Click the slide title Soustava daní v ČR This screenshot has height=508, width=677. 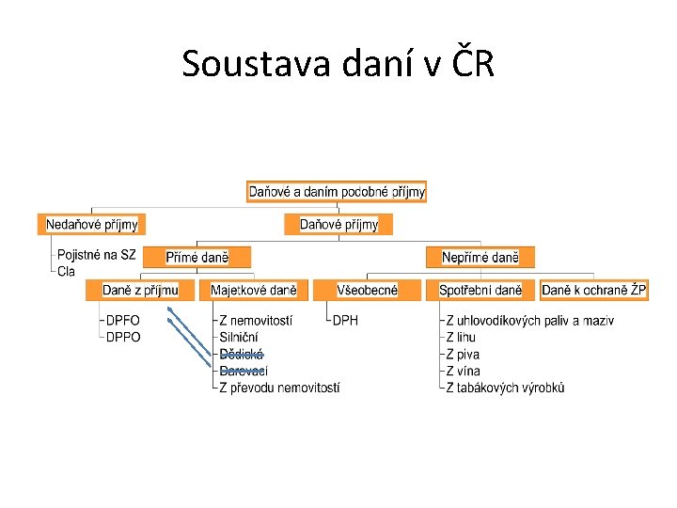pos(338,64)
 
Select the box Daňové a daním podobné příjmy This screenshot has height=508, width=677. pos(337,192)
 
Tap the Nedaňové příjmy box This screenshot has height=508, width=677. pos(92,224)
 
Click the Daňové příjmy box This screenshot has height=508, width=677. pos(338,224)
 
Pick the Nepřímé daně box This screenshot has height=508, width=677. pos(480,257)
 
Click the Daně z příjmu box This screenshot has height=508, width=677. pos(140,290)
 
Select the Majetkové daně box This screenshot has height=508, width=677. pos(253,290)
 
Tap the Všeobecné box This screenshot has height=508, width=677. pos(367,290)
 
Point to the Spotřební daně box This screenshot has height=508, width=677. pos(480,290)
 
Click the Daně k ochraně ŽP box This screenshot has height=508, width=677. pos(594,290)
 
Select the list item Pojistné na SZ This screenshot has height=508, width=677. pos(96,255)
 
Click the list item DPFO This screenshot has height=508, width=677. pos(123,321)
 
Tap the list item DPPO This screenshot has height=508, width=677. pos(123,337)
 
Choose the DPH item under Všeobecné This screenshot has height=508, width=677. pos(346,321)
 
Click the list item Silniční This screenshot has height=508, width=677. pos(239,337)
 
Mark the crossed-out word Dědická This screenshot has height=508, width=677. pos(241,354)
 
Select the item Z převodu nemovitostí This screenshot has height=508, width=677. pos(279,387)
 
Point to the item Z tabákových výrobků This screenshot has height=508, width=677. pos(505,387)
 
